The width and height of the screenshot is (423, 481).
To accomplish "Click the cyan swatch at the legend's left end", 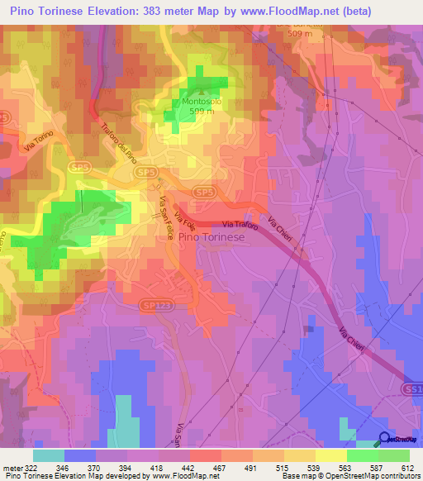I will click(x=49, y=455).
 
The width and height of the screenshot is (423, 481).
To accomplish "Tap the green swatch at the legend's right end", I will click(x=394, y=455).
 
